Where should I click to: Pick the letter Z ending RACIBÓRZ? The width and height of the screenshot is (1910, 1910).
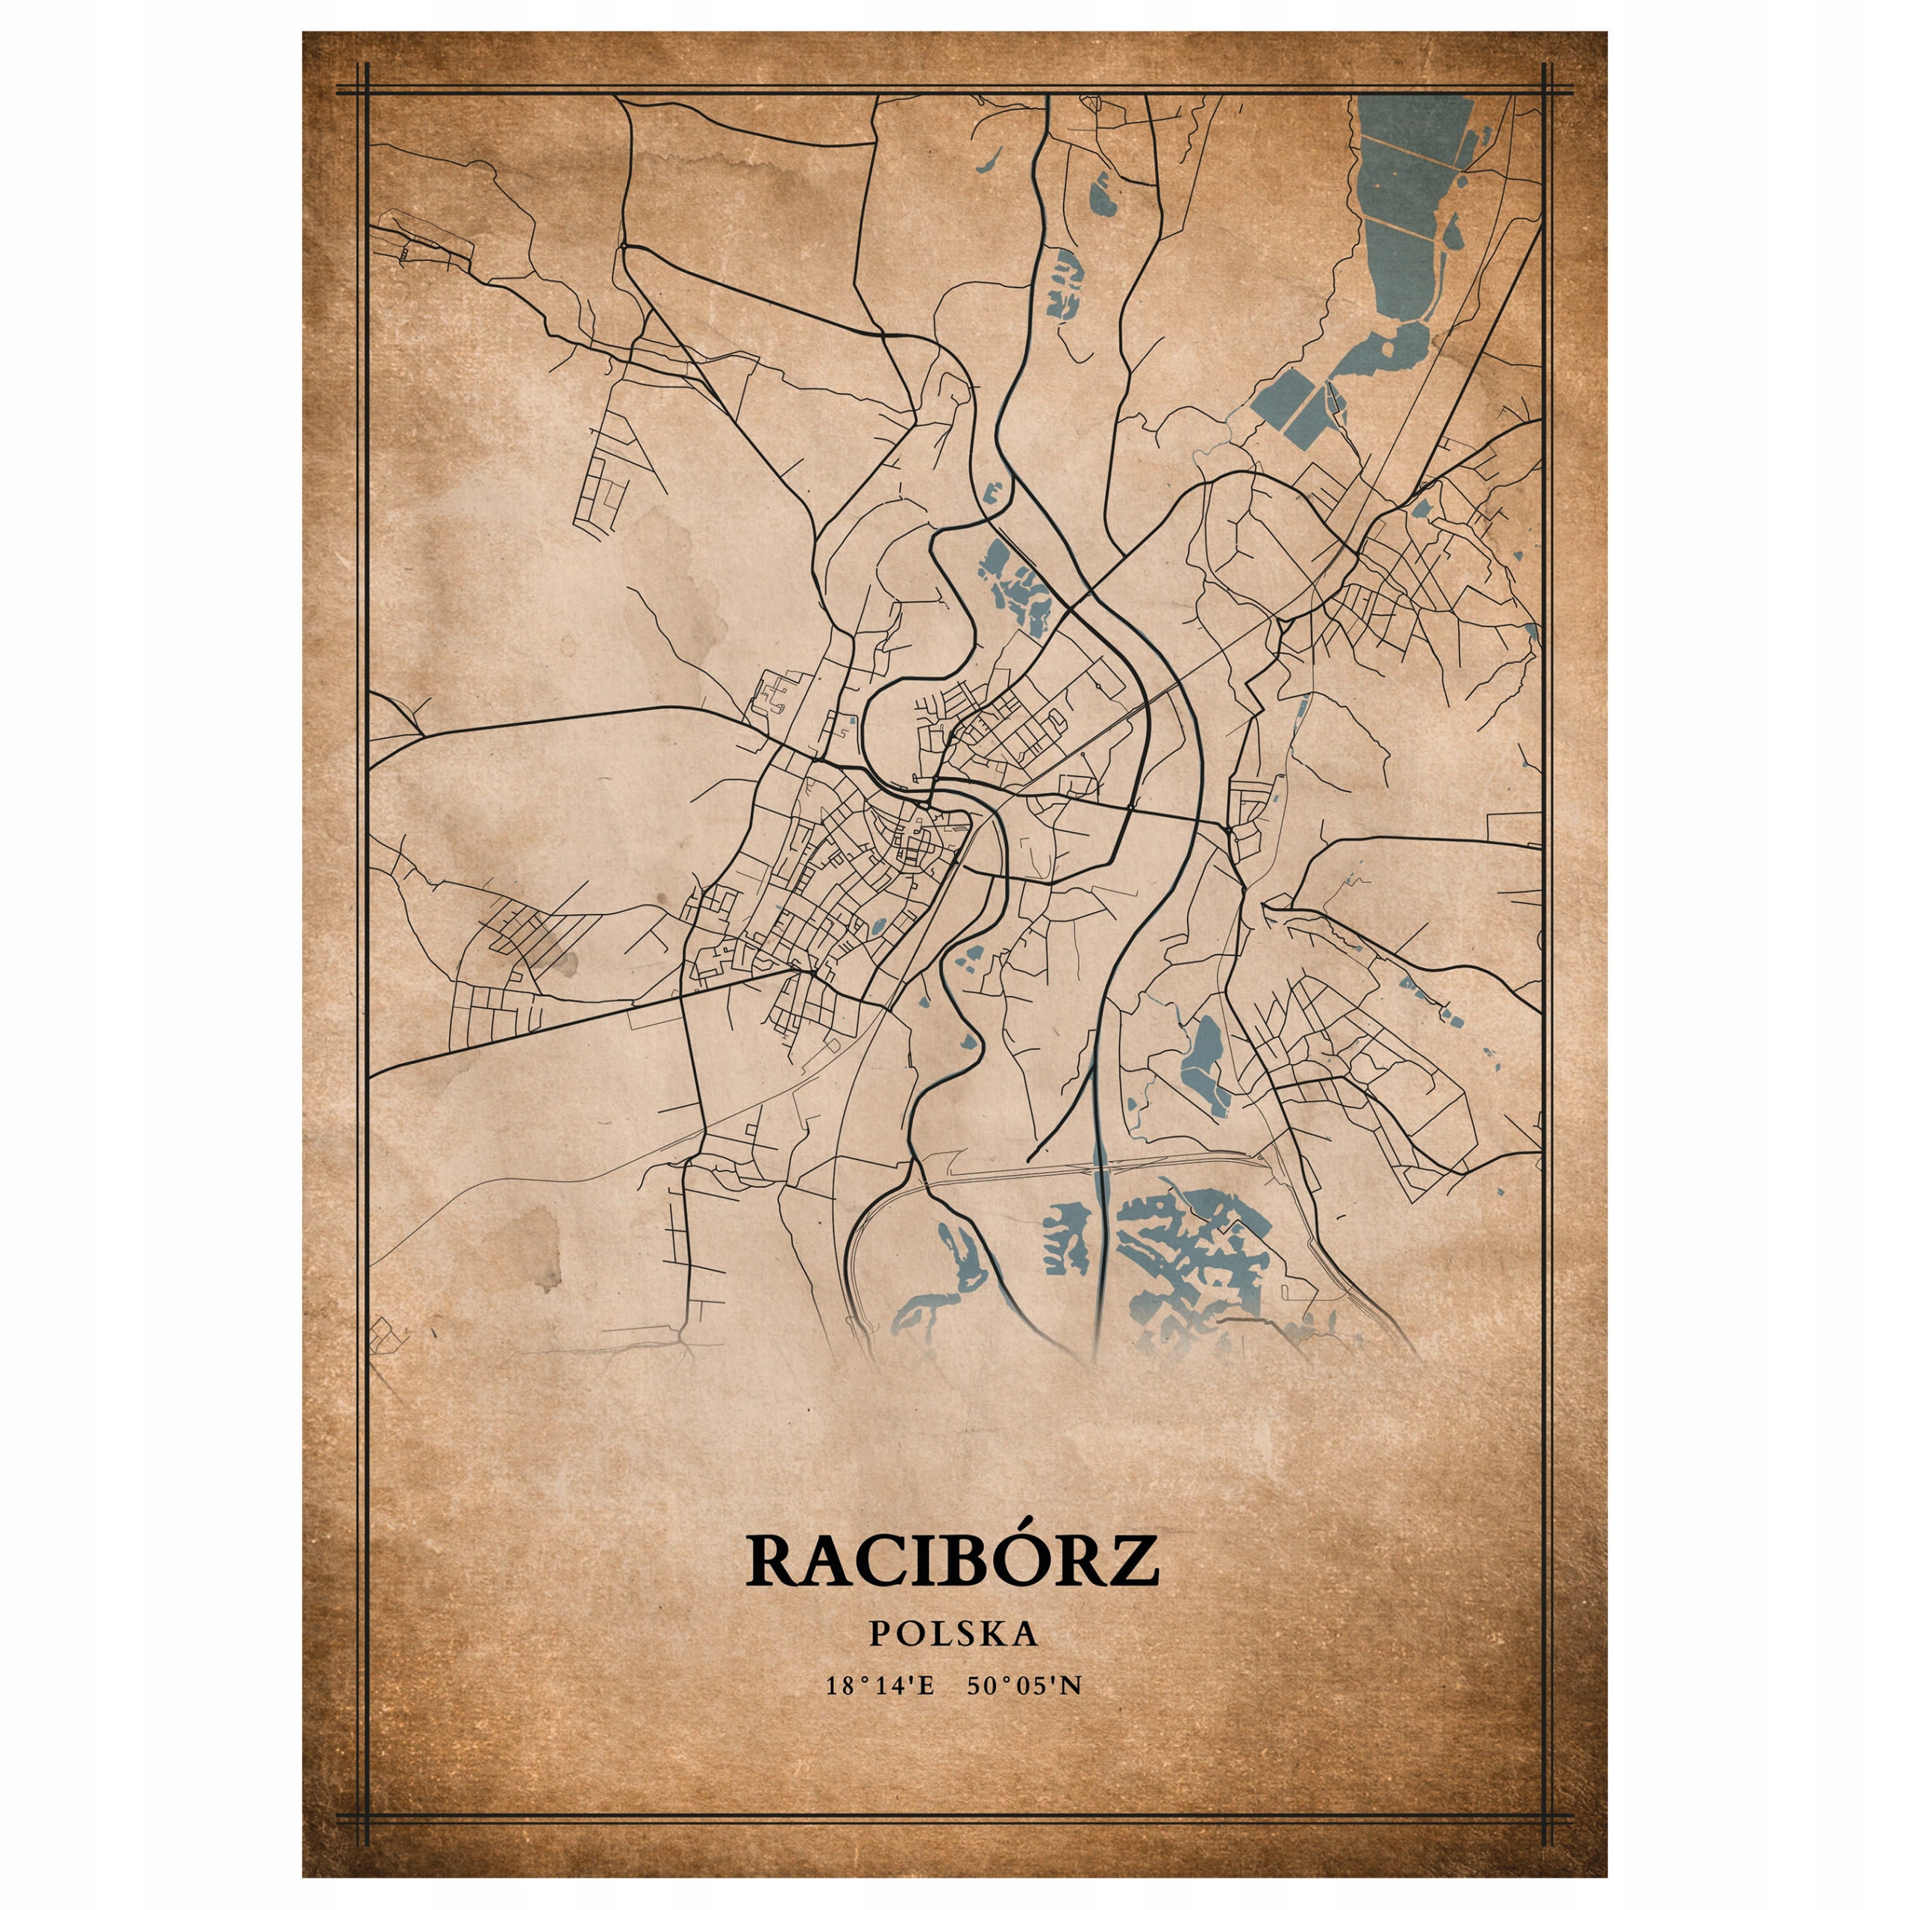pos(1131,1560)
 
